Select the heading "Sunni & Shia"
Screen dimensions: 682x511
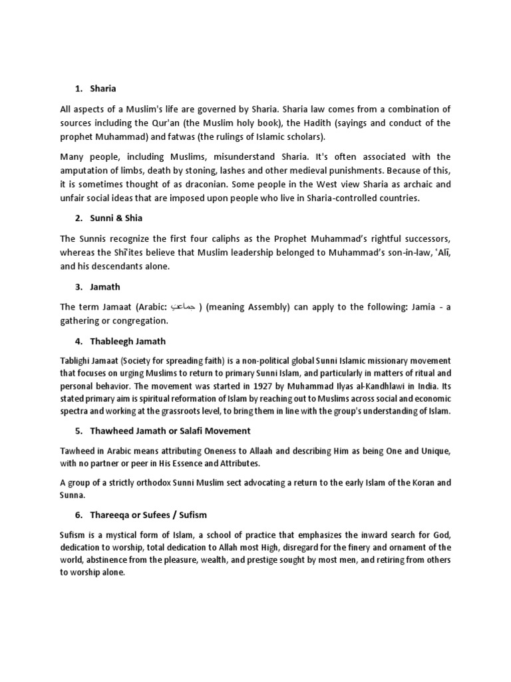tap(118, 218)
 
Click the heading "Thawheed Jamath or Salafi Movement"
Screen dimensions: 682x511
tap(172, 431)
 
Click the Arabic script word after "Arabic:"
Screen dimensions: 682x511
tap(182, 307)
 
